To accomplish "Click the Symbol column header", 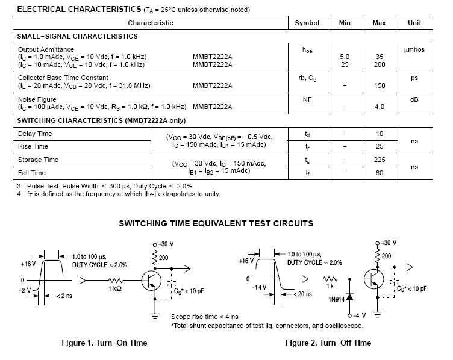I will [x=307, y=23].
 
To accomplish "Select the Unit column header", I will [x=414, y=23].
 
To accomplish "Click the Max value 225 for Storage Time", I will [x=380, y=160].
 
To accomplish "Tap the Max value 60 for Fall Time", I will [x=380, y=173].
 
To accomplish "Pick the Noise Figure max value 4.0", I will [x=380, y=107].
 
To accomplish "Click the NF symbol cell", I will [x=307, y=99].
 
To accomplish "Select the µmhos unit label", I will [x=414, y=49].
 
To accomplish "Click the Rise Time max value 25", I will [x=380, y=146].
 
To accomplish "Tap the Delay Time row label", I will [x=35, y=134].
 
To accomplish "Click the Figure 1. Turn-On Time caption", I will [x=104, y=343].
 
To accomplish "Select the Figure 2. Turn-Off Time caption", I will [x=328, y=343].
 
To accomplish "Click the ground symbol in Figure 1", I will [x=155, y=315].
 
